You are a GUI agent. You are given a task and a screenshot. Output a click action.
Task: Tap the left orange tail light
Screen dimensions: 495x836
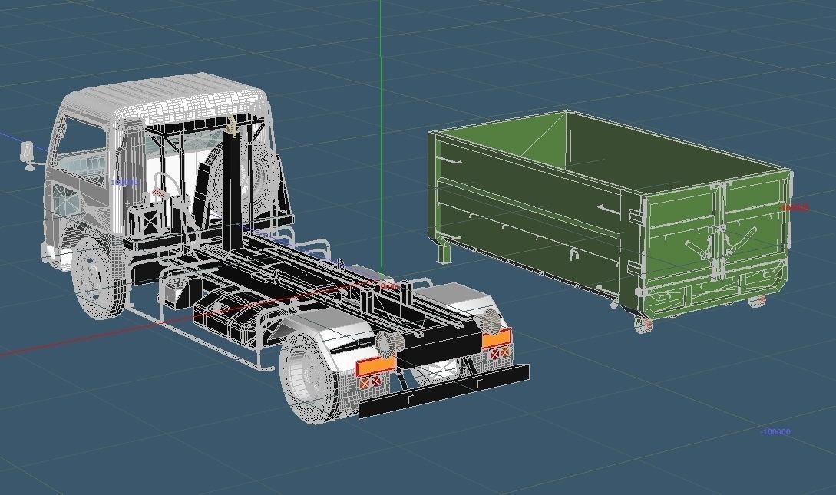(x=375, y=365)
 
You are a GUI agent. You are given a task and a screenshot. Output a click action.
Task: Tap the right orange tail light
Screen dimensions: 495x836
(x=496, y=338)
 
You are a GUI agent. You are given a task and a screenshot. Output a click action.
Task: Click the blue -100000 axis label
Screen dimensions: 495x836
(x=775, y=432)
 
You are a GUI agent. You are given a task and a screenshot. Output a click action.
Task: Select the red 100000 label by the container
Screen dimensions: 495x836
(x=794, y=207)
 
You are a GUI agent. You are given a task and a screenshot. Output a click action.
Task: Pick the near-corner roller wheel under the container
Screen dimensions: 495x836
(x=643, y=325)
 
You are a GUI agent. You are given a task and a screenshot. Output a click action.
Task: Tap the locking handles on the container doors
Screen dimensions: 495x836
(x=719, y=246)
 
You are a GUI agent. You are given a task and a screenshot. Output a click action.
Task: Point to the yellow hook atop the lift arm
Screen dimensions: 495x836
(x=231, y=124)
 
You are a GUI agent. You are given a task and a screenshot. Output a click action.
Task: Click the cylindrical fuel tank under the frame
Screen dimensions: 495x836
(x=230, y=318)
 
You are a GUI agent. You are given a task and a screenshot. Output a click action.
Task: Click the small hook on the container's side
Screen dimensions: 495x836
(x=572, y=254)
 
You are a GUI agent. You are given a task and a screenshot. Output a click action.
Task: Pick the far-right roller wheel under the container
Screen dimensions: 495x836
(x=758, y=302)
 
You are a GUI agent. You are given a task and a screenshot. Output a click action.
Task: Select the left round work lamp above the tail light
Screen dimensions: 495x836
(x=387, y=342)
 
